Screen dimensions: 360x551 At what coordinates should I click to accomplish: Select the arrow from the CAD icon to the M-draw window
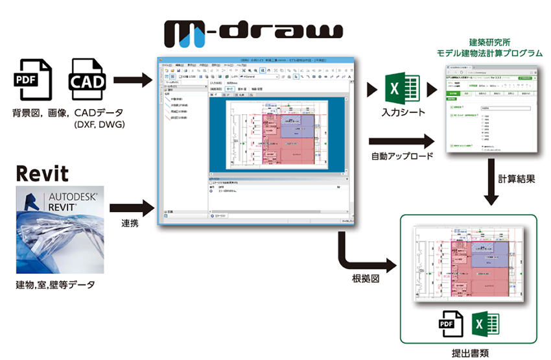pyautogui.click(x=133, y=82)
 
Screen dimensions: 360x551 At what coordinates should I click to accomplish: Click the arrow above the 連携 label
pyautogui.click(x=132, y=209)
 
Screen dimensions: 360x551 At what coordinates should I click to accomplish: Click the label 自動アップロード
pyautogui.click(x=396, y=157)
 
